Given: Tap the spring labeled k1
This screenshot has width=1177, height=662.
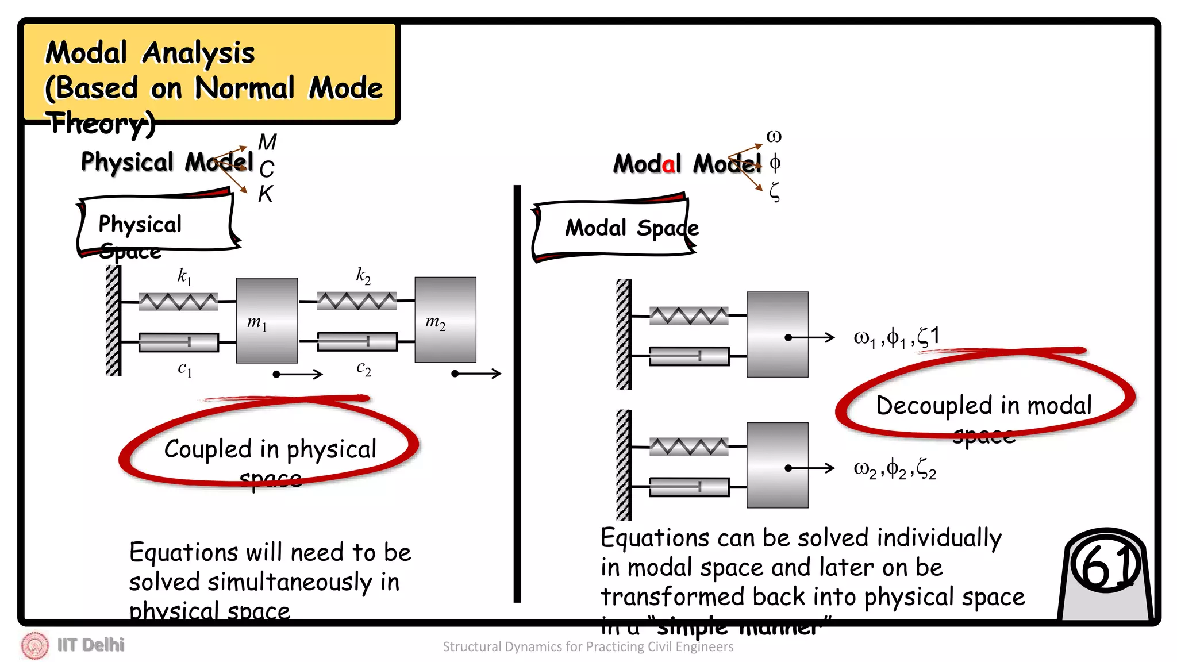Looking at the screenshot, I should tap(178, 302).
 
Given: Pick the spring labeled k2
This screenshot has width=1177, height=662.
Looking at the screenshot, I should tap(356, 301).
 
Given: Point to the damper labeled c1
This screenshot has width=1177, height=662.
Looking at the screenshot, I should tap(178, 342).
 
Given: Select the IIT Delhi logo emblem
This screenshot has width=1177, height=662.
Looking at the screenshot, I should tap(34, 645).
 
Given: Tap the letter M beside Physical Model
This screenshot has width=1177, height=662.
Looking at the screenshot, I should tap(267, 142).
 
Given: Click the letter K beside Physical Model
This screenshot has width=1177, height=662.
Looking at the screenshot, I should tap(265, 194).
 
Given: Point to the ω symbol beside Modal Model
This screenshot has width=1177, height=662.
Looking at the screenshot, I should tap(774, 137).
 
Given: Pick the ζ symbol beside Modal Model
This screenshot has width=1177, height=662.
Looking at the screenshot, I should tap(775, 192).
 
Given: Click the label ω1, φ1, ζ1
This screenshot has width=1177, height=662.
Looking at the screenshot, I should tap(896, 337).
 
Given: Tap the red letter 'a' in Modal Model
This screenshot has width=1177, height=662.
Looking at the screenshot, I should tap(668, 165).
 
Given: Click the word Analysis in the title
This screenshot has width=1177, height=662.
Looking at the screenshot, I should tap(198, 53).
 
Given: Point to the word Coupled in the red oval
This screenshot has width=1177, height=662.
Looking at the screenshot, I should tap(207, 449).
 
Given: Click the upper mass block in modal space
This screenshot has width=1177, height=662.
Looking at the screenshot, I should tap(777, 334).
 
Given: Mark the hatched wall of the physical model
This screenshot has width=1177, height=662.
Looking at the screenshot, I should tap(113, 321).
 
